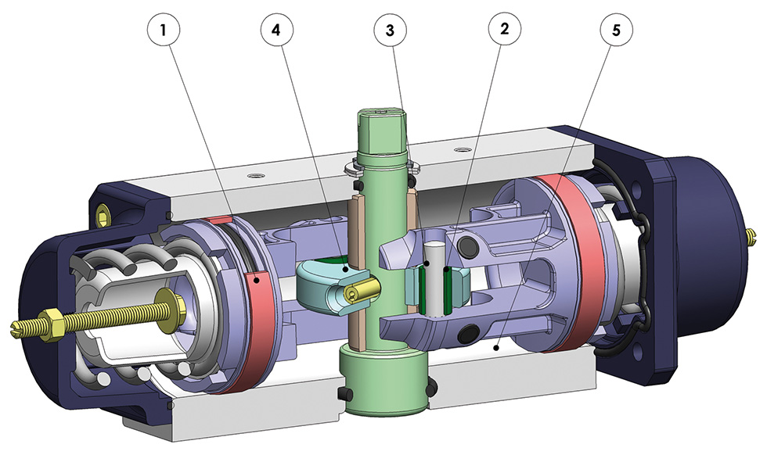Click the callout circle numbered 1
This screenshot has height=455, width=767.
[x=163, y=30]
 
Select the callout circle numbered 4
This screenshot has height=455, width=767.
[x=276, y=30]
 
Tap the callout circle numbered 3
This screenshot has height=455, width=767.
[x=390, y=30]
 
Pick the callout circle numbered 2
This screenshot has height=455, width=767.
[x=504, y=30]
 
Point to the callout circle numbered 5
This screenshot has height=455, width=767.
[x=617, y=30]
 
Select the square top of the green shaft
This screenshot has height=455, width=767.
[x=383, y=131]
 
